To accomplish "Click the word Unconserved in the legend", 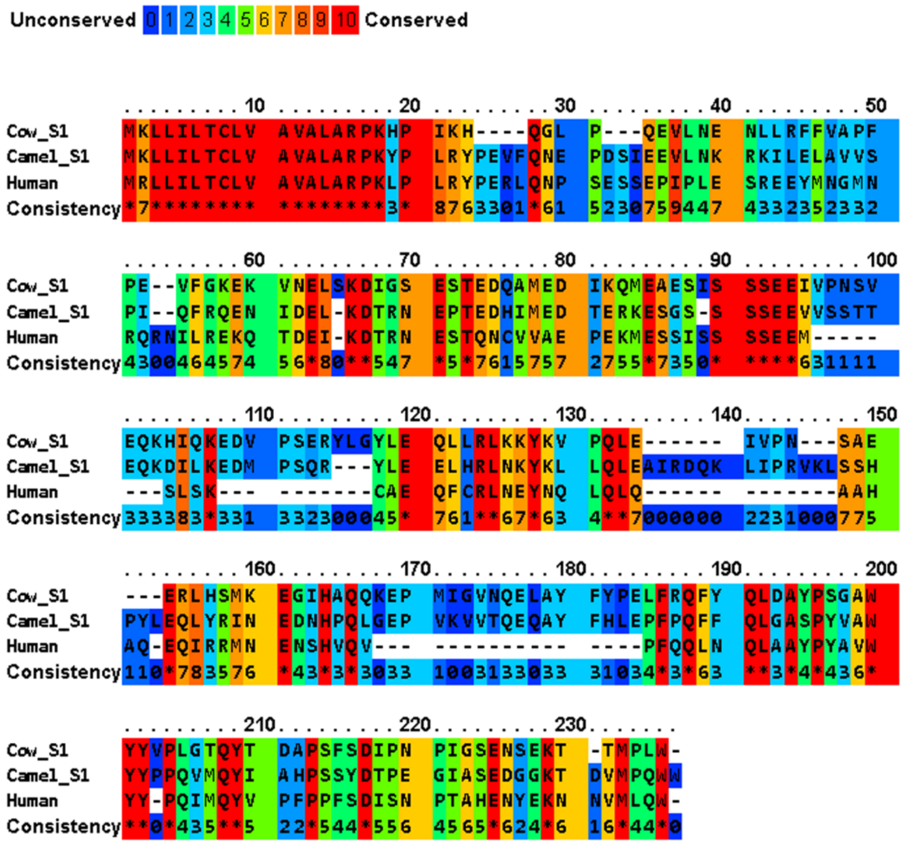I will [73, 20].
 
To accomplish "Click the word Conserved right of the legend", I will [416, 20].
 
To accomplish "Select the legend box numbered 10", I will [345, 20].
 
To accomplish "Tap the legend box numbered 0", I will [151, 20].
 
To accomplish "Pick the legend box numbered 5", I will [245, 20].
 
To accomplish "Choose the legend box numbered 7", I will [283, 20].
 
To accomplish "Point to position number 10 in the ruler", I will [255, 106].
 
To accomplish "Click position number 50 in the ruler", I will [876, 106].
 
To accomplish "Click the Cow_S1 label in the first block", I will [38, 132].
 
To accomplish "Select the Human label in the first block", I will [32, 183].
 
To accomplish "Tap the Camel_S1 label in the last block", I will [48, 776].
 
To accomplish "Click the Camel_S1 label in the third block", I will [48, 467].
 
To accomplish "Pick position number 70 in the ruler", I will [410, 260].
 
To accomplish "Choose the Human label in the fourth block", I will [32, 646].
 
